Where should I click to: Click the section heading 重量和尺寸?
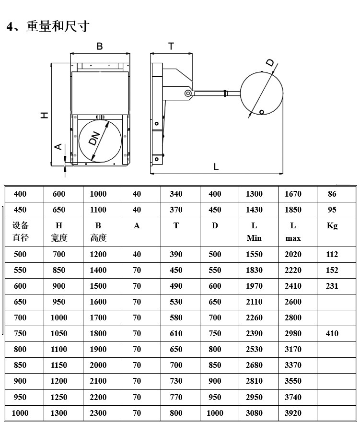[x=58, y=26]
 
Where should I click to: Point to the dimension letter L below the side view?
[x=216, y=167]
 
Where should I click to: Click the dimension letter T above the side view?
[x=171, y=47]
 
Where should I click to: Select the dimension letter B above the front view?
[x=100, y=46]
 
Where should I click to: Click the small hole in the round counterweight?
[x=262, y=112]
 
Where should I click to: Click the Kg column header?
[x=332, y=226]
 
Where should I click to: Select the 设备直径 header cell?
[x=21, y=232]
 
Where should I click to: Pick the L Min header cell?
[x=254, y=232]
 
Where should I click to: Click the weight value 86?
[x=332, y=194]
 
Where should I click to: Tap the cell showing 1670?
[x=293, y=194]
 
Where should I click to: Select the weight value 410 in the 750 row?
[x=332, y=334]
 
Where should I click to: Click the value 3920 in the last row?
[x=293, y=413]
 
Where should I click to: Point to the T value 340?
[x=176, y=194]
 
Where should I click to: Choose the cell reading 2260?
[x=254, y=318]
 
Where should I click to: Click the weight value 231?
[x=332, y=286]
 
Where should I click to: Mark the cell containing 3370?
[x=293, y=365]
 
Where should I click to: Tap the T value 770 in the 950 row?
[x=176, y=397]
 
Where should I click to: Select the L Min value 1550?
[x=254, y=255]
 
